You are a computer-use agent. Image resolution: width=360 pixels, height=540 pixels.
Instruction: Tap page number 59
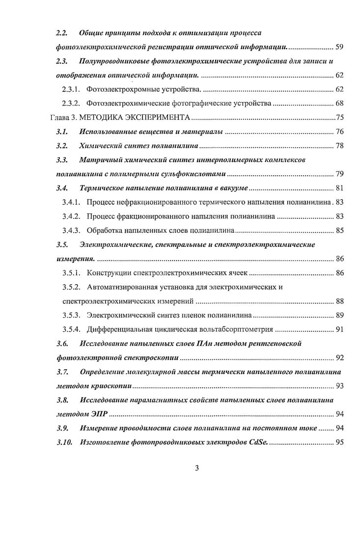point(339,48)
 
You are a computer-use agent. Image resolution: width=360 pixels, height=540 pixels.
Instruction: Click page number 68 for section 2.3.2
point(339,104)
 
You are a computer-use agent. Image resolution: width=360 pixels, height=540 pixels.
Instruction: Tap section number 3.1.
point(61,132)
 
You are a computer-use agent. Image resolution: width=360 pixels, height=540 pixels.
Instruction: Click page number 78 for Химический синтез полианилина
point(339,146)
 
